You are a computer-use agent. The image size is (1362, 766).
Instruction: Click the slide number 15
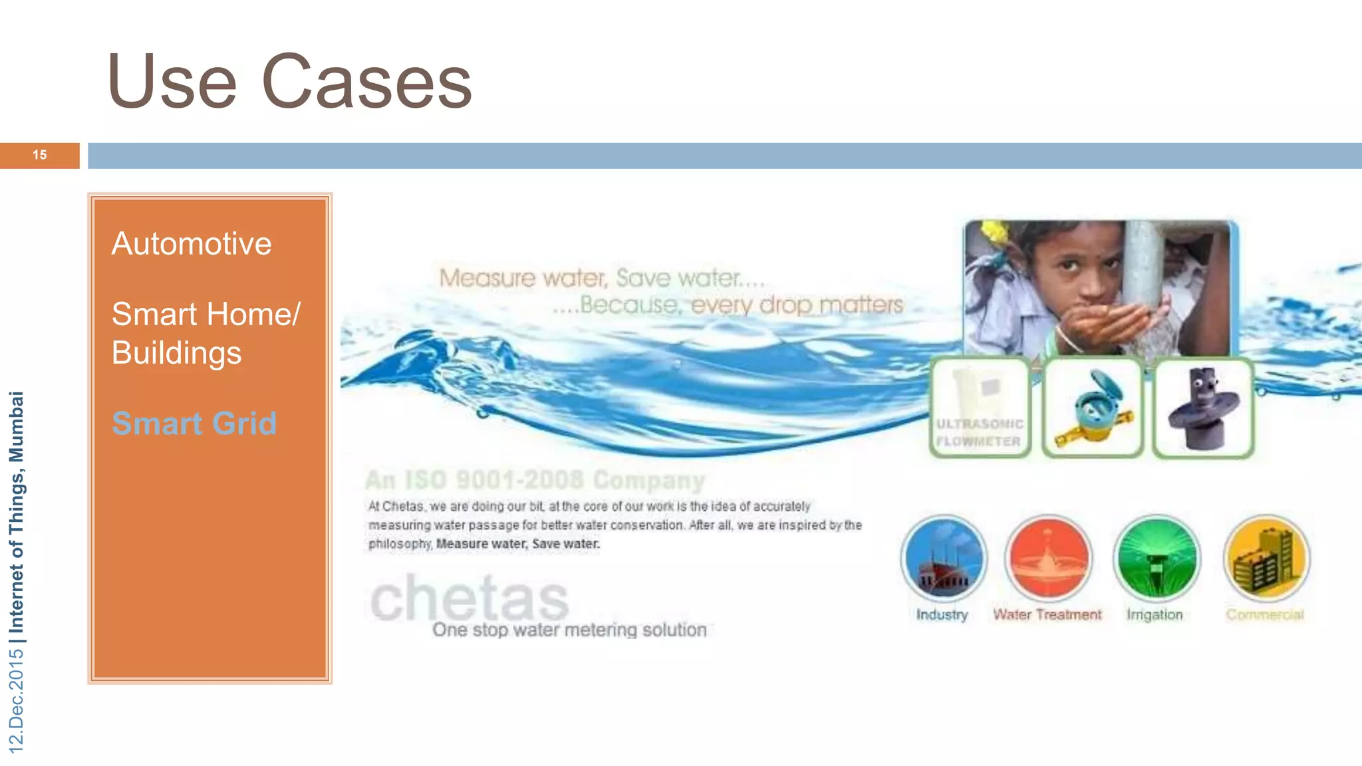tap(40, 155)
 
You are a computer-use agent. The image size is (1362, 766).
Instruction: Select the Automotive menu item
tap(192, 243)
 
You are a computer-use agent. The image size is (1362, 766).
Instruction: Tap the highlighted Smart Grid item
tap(194, 424)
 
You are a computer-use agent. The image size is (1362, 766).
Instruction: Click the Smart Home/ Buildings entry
tap(205, 333)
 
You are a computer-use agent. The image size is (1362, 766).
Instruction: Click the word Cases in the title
tap(367, 82)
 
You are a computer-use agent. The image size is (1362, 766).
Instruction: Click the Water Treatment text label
tap(1047, 615)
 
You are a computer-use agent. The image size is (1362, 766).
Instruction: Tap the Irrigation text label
tap(1155, 615)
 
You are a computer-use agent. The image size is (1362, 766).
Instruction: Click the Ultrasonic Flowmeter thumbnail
tap(980, 408)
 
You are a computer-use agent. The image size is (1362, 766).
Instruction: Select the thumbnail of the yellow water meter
tap(1093, 408)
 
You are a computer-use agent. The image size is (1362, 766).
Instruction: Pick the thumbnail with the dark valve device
tap(1203, 408)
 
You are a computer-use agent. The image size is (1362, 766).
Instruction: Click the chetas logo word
tap(470, 598)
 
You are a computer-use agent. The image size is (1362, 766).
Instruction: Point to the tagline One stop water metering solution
tap(569, 630)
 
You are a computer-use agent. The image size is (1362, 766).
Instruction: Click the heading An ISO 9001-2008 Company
tap(535, 479)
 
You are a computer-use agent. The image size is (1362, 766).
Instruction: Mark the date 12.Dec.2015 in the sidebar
tap(16, 701)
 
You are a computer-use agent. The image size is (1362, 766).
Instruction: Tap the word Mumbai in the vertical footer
tap(16, 426)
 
